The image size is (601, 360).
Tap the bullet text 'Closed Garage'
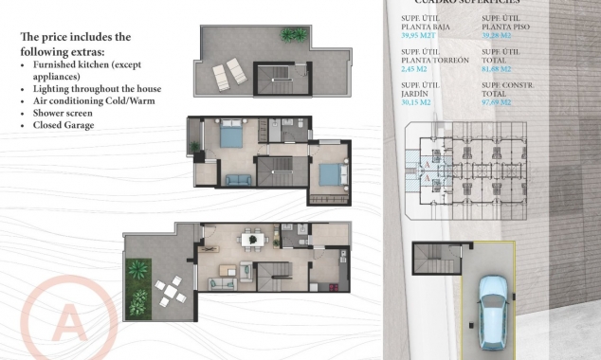coord(64,125)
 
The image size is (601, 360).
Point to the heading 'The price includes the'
coord(75,37)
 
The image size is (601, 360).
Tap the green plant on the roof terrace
coord(294,35)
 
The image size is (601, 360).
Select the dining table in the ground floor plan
coord(251,240)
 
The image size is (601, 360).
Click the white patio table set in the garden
coord(170,289)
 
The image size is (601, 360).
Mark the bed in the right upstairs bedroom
coord(326,174)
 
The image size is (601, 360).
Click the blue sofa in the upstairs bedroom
coord(235,178)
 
